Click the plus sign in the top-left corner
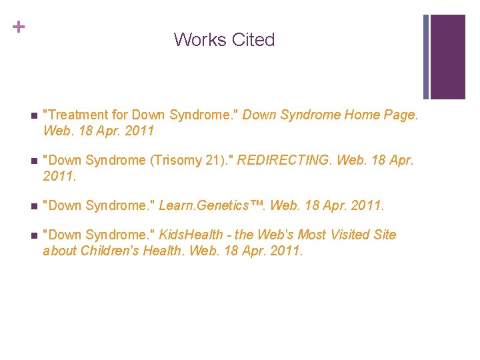tap(19, 27)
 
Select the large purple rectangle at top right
tap(448, 57)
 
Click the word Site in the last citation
tap(384, 235)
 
